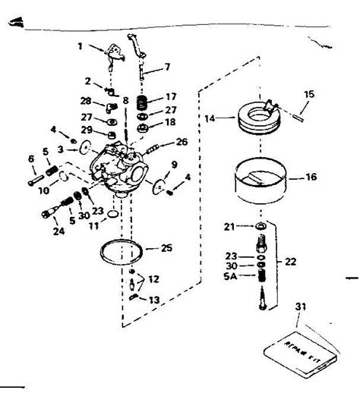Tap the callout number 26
[181, 141]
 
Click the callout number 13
[154, 300]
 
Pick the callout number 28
[85, 100]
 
